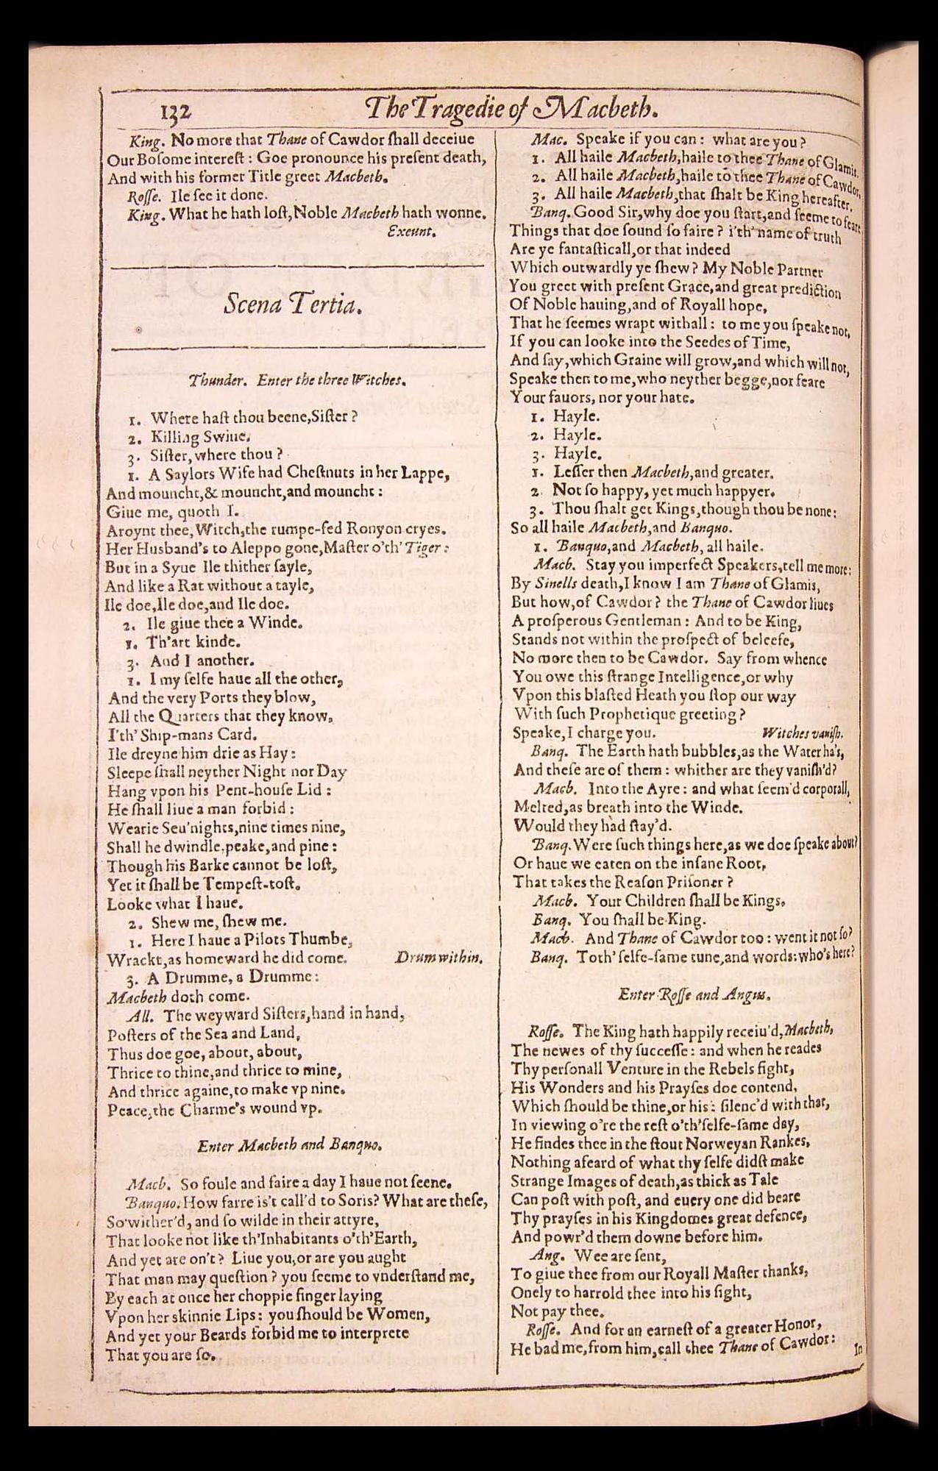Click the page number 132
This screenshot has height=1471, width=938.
click(x=174, y=111)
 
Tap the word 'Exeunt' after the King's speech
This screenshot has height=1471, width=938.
click(x=413, y=232)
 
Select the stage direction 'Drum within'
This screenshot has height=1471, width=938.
click(x=438, y=958)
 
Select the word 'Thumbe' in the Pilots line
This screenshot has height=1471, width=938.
click(x=323, y=941)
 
